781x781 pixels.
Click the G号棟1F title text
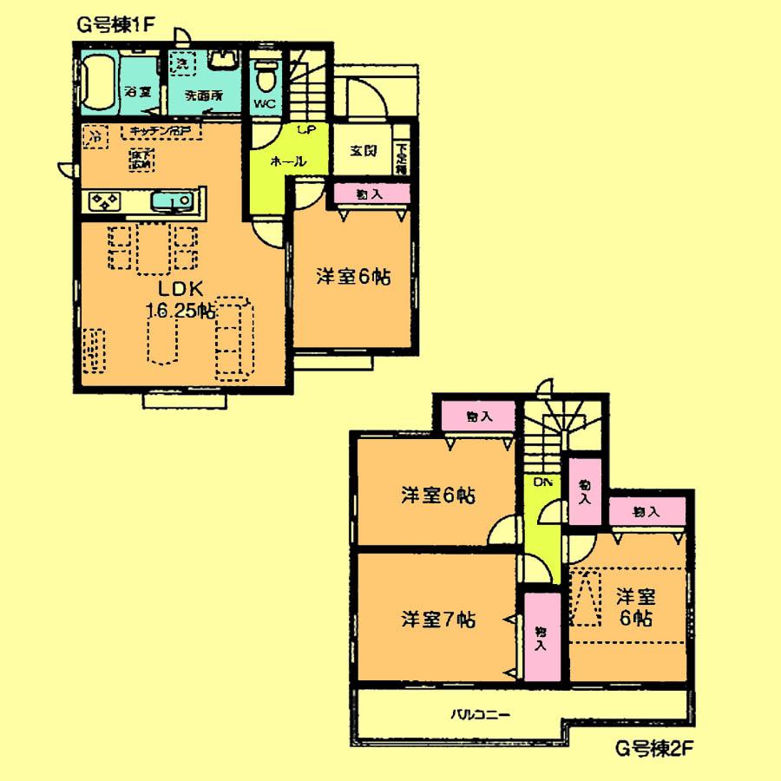point(115,24)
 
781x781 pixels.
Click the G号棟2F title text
point(653,745)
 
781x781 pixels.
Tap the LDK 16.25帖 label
point(180,299)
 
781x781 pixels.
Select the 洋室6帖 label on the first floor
point(352,277)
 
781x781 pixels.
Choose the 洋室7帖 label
point(437,620)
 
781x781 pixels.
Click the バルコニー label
point(480,715)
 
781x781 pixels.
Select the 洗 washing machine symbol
point(181,62)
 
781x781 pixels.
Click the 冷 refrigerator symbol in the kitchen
point(95,136)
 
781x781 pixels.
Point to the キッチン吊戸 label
point(161,131)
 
